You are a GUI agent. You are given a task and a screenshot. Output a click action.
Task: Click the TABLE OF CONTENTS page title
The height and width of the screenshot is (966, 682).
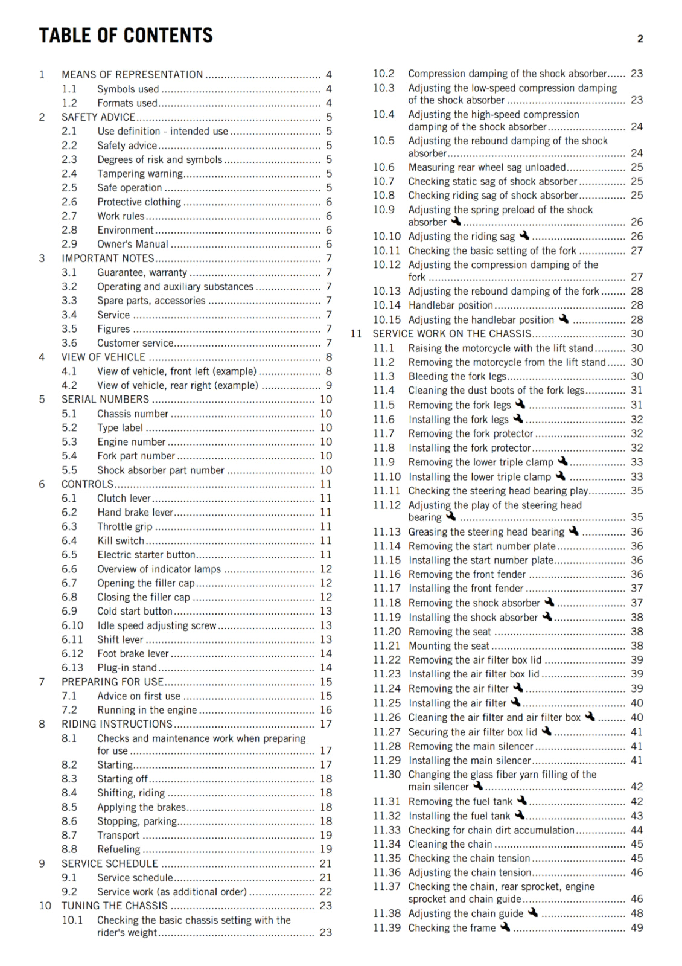click(126, 36)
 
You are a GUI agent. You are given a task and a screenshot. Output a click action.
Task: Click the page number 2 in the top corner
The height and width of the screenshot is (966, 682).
click(640, 39)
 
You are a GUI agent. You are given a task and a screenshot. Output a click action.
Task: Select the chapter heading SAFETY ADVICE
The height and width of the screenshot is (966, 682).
click(98, 117)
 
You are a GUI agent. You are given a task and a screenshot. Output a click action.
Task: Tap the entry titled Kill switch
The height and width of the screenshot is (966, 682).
click(121, 541)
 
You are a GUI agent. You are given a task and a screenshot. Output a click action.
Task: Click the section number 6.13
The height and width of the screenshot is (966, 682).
click(72, 668)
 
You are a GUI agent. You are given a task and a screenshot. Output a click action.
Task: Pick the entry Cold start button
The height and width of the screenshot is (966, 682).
click(135, 612)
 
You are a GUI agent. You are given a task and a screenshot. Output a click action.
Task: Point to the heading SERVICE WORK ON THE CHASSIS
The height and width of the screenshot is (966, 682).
click(451, 334)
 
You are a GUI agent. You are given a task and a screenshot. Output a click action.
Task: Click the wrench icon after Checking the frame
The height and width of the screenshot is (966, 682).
click(505, 927)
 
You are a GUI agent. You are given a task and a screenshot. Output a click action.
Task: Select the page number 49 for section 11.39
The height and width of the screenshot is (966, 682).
click(637, 928)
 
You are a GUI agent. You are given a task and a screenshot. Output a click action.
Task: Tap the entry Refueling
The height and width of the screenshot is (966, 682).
click(118, 849)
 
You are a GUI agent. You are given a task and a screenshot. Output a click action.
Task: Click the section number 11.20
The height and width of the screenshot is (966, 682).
click(386, 632)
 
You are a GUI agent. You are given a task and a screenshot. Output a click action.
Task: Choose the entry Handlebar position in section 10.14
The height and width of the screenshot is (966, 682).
click(450, 305)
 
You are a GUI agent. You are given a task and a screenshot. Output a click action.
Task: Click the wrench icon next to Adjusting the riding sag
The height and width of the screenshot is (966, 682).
click(524, 235)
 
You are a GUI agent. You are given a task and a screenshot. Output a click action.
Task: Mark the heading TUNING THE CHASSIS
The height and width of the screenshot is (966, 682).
click(114, 906)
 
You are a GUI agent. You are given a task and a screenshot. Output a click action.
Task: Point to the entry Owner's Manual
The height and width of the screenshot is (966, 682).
click(133, 245)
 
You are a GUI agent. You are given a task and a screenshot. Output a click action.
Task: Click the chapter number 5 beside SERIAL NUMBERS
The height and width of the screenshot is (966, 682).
click(42, 400)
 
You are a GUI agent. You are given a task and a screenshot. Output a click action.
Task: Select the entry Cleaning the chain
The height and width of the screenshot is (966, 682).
click(450, 844)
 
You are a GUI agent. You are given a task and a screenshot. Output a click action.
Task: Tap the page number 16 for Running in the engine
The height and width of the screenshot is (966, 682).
click(326, 710)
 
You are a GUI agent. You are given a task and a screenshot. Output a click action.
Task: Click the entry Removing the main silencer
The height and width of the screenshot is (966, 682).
click(471, 746)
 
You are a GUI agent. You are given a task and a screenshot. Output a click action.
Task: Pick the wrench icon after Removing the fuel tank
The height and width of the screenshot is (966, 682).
click(521, 801)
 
